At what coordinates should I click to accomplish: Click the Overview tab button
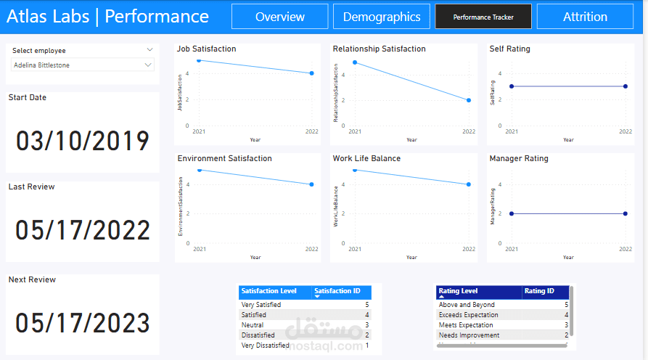pyautogui.click(x=280, y=17)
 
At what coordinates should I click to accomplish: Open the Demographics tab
pyautogui.click(x=382, y=17)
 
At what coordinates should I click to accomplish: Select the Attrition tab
pyautogui.click(x=585, y=17)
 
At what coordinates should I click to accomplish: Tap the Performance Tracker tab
pyautogui.click(x=483, y=17)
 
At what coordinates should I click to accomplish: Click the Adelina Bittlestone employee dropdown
pyautogui.click(x=83, y=65)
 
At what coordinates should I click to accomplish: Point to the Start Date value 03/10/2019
pyautogui.click(x=83, y=141)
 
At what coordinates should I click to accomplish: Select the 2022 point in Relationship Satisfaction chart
pyautogui.click(x=469, y=100)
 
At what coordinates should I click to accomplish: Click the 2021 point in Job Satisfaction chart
pyautogui.click(x=198, y=60)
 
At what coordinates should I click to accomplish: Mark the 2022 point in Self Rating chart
pyautogui.click(x=625, y=86)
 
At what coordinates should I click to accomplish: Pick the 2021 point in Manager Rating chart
pyautogui.click(x=512, y=213)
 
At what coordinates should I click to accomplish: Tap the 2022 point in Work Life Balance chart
pyautogui.click(x=469, y=184)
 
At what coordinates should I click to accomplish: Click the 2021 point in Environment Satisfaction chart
pyautogui.click(x=198, y=170)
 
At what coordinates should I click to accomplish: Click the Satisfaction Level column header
pyautogui.click(x=269, y=291)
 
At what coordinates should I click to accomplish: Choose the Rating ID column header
pyautogui.click(x=540, y=291)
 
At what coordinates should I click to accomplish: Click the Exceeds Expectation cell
pyautogui.click(x=469, y=315)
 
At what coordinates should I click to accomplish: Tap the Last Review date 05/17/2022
pyautogui.click(x=83, y=231)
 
